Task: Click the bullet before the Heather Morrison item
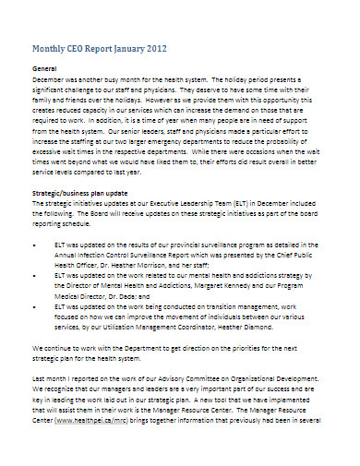[35, 243]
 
